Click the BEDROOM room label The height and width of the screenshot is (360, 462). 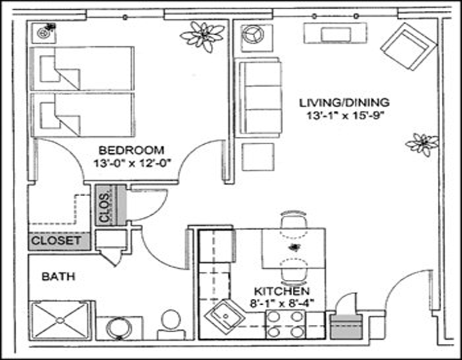pyautogui.click(x=131, y=151)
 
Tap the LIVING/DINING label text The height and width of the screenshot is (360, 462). pyautogui.click(x=344, y=103)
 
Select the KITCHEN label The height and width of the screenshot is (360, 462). pyautogui.click(x=282, y=291)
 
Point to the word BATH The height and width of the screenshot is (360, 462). pyautogui.click(x=58, y=276)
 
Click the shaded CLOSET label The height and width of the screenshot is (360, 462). pyautogui.click(x=56, y=241)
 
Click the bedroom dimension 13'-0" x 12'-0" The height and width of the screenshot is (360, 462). pyautogui.click(x=132, y=163)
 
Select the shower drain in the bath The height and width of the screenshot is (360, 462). pyautogui.click(x=61, y=320)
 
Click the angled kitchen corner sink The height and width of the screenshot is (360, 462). pyautogui.click(x=225, y=317)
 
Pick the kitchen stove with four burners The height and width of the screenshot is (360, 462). pyautogui.click(x=286, y=325)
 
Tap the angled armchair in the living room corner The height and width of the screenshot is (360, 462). pyautogui.click(x=408, y=47)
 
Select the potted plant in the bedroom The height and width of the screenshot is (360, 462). pyautogui.click(x=203, y=36)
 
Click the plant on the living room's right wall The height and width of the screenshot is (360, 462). pyautogui.click(x=422, y=144)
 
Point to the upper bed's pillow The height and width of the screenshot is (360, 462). pyautogui.click(x=47, y=68)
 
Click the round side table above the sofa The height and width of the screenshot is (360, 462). pyautogui.click(x=253, y=35)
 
